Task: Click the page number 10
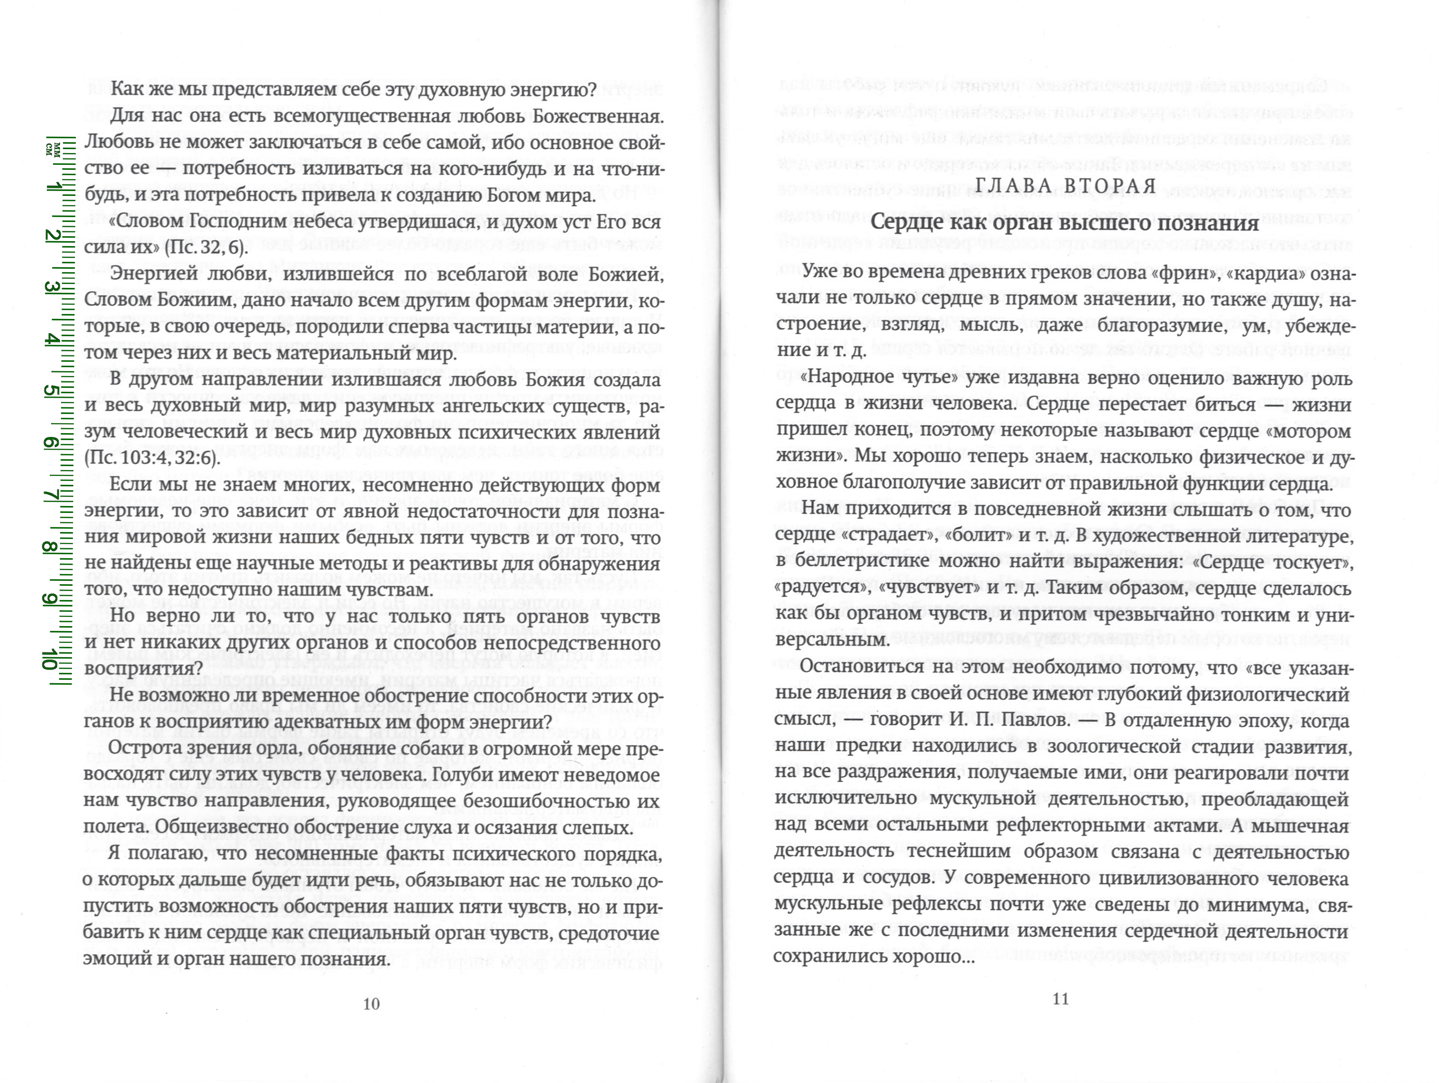click(x=371, y=1004)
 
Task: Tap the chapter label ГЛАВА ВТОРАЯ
click(x=1065, y=187)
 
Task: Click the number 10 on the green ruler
click(x=49, y=659)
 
